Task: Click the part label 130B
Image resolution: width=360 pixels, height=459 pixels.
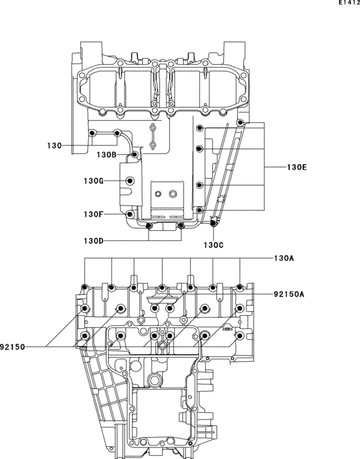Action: click(106, 154)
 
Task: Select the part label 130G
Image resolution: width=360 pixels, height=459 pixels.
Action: click(93, 181)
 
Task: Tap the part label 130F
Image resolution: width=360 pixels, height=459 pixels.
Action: click(93, 214)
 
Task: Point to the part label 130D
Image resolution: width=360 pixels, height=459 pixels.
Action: click(93, 240)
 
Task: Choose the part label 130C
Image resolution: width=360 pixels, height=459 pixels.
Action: click(214, 245)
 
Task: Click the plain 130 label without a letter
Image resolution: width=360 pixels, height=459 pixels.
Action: click(55, 146)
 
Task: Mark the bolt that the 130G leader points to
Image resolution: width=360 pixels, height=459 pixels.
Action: click(130, 181)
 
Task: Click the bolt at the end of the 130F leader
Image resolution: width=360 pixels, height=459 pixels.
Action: click(130, 213)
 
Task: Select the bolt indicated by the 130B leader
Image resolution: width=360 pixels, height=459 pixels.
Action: click(134, 155)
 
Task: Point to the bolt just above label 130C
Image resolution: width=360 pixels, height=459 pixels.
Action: click(213, 224)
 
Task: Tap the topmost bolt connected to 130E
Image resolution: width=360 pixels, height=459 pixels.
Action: click(240, 123)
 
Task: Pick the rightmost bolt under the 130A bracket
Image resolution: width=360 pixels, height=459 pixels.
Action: click(240, 287)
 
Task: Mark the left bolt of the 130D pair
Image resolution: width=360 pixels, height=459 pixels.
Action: click(149, 226)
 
